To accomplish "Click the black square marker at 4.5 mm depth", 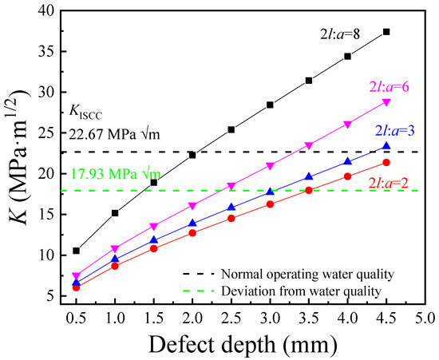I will click(386, 32).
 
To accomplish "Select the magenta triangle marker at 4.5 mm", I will click(386, 102).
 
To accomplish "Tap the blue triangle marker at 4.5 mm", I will click(386, 146).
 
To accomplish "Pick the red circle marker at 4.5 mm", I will click(386, 163).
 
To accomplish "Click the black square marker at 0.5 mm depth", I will click(76, 251).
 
